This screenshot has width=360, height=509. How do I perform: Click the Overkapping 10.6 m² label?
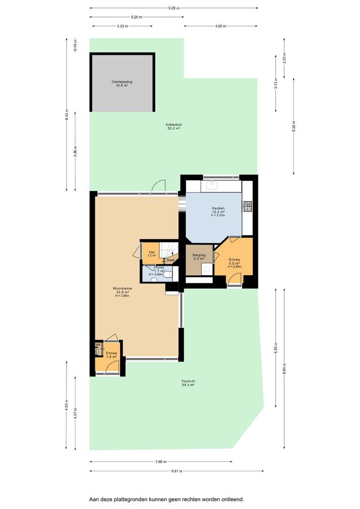122,84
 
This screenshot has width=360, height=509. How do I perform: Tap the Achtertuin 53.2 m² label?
174,126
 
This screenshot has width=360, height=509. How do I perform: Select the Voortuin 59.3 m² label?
188,383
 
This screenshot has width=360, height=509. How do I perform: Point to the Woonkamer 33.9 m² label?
123,292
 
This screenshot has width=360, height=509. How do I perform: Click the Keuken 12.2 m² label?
218,212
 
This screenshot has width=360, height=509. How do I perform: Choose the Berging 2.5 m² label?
199,257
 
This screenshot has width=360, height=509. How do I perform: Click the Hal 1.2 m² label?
152,254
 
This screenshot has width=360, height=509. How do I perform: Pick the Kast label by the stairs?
171,260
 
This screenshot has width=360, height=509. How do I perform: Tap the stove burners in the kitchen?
248,206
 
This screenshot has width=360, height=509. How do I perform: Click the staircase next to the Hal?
169,250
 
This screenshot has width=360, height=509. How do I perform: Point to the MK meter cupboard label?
98,345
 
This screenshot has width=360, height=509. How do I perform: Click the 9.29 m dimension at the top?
174,8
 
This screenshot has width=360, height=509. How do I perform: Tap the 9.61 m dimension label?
176,471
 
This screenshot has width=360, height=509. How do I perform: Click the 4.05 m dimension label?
221,26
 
